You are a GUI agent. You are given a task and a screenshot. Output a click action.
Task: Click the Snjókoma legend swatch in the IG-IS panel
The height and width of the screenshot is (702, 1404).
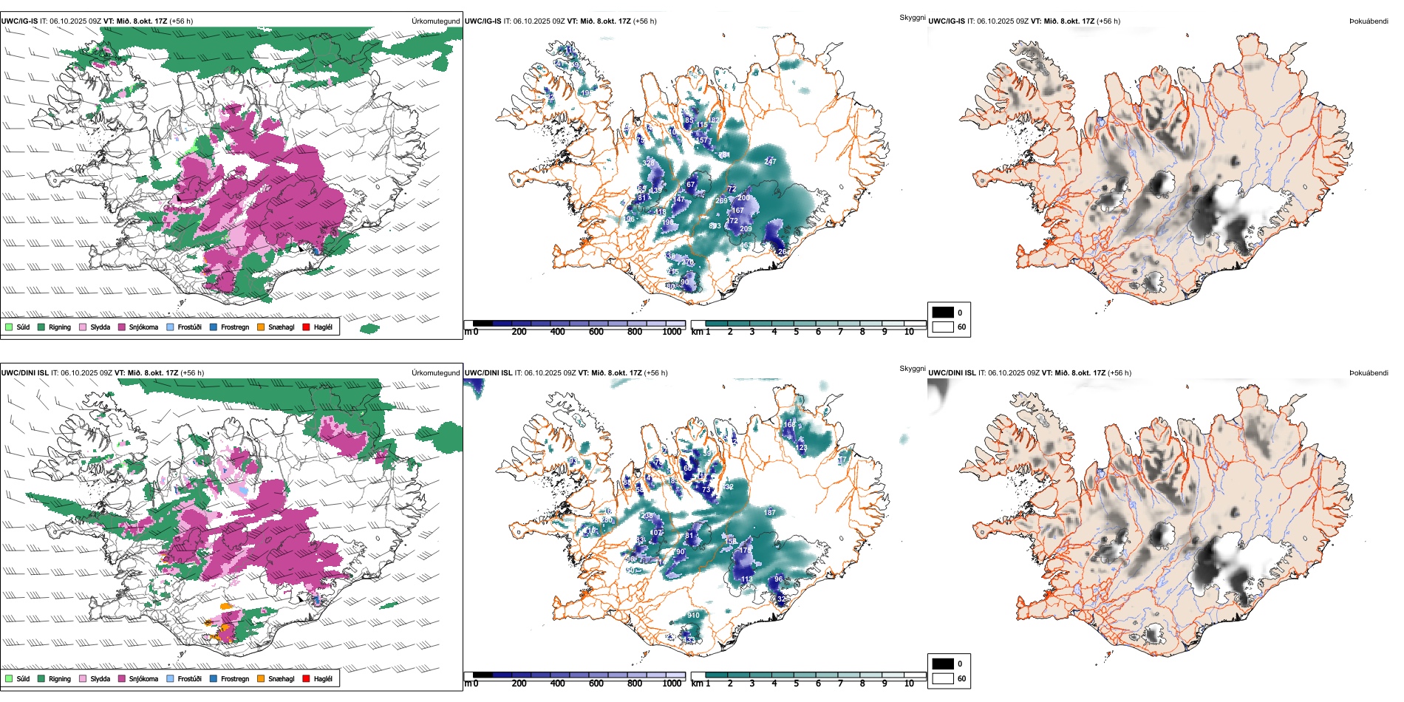pyautogui.click(x=121, y=327)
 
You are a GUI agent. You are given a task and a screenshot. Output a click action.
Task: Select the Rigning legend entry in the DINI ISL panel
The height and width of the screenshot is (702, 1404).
pyautogui.click(x=41, y=678)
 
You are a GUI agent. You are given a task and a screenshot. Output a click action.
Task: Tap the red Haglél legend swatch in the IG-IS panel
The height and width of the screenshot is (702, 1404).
pyautogui.click(x=307, y=327)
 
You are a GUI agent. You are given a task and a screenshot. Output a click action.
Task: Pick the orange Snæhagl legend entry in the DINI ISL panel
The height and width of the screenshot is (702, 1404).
pyautogui.click(x=261, y=678)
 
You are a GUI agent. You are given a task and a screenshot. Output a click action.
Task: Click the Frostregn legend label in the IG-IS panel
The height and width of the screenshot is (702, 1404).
pyautogui.click(x=234, y=327)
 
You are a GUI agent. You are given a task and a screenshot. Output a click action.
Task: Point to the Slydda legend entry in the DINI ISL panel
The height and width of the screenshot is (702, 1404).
pyautogui.click(x=83, y=678)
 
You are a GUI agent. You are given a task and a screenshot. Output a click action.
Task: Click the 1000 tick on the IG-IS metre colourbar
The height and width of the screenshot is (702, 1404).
pyautogui.click(x=672, y=332)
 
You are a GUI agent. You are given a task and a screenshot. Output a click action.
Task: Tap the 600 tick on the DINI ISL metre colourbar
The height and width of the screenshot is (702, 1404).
pyautogui.click(x=596, y=684)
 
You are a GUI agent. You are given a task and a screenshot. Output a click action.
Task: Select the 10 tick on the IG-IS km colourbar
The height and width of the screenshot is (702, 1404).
pyautogui.click(x=909, y=332)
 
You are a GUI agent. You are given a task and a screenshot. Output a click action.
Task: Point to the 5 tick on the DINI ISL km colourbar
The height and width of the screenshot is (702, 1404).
pyautogui.click(x=797, y=684)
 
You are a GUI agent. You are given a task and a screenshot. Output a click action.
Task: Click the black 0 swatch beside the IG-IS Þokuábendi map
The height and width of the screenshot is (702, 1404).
pyautogui.click(x=943, y=312)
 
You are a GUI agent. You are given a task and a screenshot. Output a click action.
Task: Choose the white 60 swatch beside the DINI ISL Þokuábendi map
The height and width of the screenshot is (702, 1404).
pyautogui.click(x=943, y=678)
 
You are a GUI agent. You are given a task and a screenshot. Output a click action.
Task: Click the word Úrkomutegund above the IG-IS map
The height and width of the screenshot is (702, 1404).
pyautogui.click(x=435, y=21)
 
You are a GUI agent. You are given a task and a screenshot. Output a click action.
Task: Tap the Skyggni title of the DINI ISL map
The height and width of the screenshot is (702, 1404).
pyautogui.click(x=913, y=369)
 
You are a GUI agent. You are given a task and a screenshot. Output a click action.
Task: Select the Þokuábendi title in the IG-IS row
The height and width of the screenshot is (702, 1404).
pyautogui.click(x=1369, y=21)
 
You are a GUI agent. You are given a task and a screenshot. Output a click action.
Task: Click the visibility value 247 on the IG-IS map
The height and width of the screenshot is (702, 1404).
pyautogui.click(x=770, y=162)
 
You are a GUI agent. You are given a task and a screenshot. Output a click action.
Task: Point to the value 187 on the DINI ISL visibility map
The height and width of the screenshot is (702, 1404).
pyautogui.click(x=769, y=512)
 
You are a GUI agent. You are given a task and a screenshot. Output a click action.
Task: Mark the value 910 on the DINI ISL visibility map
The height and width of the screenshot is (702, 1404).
pyautogui.click(x=693, y=616)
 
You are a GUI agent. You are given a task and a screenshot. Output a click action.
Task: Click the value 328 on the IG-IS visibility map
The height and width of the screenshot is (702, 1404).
pyautogui.click(x=649, y=163)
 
